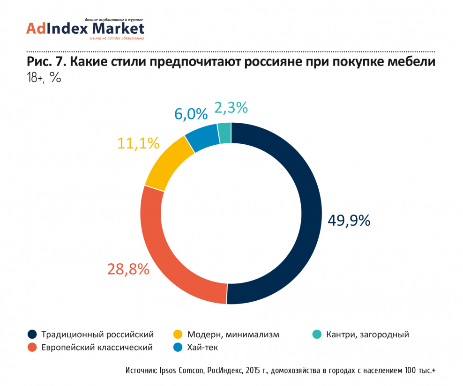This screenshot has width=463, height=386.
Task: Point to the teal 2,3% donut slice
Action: pyautogui.click(x=224, y=133)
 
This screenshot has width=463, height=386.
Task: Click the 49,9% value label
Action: pyautogui.click(x=349, y=220)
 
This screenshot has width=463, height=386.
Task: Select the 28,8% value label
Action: pyautogui.click(x=128, y=269)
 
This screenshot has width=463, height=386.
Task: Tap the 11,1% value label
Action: pyautogui.click(x=138, y=143)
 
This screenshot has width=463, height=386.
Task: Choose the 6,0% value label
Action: pyautogui.click(x=191, y=114)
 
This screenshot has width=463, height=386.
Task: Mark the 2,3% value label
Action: pyautogui.click(x=231, y=108)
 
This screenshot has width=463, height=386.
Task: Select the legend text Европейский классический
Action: pyautogui.click(x=97, y=348)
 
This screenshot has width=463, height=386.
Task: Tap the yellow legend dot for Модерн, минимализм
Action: pyautogui.click(x=178, y=334)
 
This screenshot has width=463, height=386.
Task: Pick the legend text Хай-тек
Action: pyautogui.click(x=202, y=348)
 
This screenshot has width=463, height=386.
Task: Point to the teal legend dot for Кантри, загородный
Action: pyautogui.click(x=317, y=334)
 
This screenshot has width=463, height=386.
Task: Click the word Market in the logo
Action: pyautogui.click(x=118, y=29)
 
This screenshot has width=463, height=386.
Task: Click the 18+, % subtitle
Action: pyautogui.click(x=44, y=78)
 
